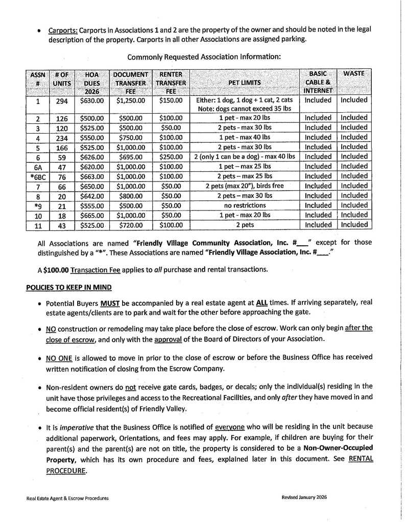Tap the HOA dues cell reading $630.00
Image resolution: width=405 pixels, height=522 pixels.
[x=92, y=100]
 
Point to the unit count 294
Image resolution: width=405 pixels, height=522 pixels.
[x=62, y=101]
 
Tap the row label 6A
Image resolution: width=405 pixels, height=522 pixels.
[x=38, y=167]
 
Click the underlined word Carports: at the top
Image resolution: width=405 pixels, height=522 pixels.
[x=63, y=30]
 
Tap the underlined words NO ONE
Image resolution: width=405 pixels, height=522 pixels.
[x=60, y=357]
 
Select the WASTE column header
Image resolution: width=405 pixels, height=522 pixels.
[x=354, y=74]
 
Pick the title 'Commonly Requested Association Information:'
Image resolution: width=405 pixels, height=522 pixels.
[x=203, y=57]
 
